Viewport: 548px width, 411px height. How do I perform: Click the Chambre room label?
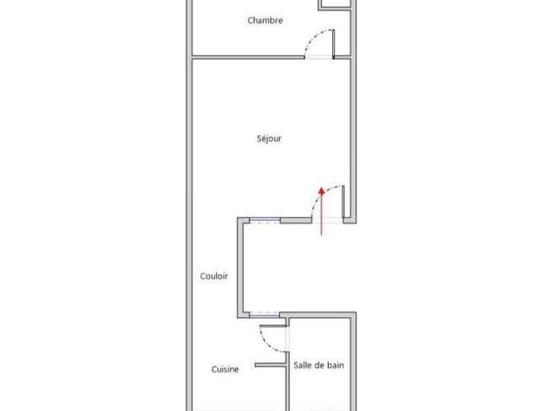[265, 20]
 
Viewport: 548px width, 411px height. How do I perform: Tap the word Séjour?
[269, 139]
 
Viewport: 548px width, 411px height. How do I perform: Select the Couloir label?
[214, 276]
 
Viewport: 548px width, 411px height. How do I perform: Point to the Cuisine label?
[225, 369]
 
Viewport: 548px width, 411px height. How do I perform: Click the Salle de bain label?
[319, 365]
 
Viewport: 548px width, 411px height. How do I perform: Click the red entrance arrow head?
[321, 191]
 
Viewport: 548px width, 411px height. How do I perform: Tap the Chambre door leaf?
[333, 44]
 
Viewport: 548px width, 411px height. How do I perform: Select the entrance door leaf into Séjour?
[343, 202]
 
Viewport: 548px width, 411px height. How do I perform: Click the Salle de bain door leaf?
[273, 327]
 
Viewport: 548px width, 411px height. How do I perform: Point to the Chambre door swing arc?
[314, 36]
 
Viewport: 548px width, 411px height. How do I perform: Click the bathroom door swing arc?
[267, 343]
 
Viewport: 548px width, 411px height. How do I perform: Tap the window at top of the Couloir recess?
[265, 220]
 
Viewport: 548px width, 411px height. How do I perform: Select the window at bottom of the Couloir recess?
[265, 315]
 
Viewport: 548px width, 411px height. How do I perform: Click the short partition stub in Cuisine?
[271, 365]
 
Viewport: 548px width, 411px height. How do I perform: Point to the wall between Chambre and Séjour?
[248, 57]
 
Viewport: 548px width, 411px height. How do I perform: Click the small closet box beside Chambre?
[335, 4]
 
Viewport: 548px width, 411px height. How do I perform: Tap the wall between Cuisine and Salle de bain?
[288, 381]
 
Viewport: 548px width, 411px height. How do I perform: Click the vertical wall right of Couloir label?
[240, 268]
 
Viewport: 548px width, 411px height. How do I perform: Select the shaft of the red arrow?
[321, 214]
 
